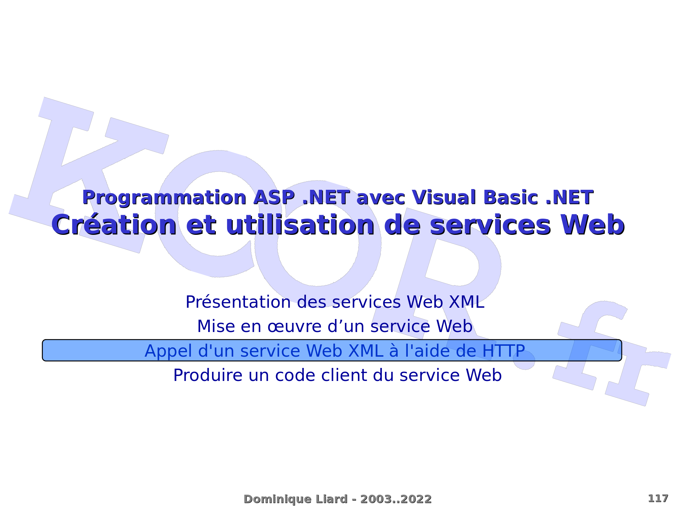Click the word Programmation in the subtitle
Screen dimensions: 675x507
164,198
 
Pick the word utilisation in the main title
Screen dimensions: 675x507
300,225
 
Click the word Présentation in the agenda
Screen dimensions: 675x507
238,302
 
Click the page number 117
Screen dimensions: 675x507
658,499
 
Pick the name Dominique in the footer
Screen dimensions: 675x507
278,499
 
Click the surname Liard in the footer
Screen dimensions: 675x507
331,499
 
